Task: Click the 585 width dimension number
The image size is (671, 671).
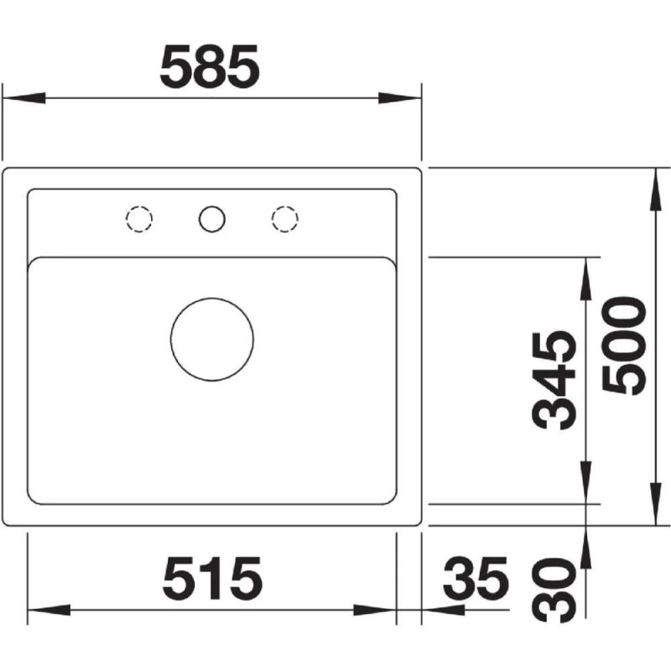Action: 210,66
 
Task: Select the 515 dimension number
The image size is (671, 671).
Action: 213,578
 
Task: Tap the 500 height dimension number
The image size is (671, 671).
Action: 623,346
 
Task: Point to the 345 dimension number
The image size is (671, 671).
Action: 554,380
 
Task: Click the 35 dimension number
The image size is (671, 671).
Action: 476,578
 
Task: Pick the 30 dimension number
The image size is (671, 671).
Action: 554,590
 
